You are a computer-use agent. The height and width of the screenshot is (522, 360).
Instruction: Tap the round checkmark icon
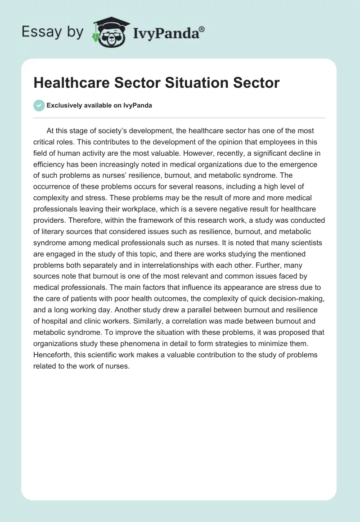(x=39, y=105)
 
